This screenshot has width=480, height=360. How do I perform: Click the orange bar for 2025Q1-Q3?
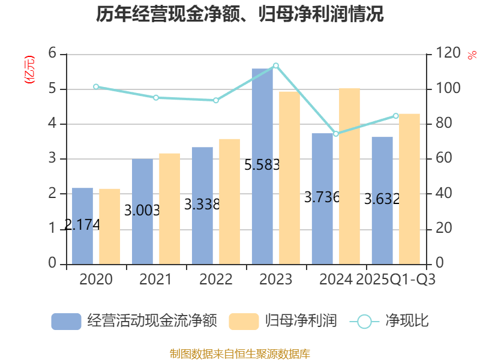[409, 188]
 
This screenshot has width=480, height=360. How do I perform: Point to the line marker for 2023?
[276, 65]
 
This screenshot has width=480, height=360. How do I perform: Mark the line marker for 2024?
[336, 134]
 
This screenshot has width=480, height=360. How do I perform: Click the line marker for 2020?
[96, 86]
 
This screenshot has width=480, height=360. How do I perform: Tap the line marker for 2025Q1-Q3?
[396, 116]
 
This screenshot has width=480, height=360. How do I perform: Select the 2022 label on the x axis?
[216, 280]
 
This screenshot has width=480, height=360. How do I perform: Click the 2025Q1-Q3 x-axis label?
[396, 280]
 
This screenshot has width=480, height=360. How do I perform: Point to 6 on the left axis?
[53, 54]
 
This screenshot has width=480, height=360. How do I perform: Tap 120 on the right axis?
[448, 54]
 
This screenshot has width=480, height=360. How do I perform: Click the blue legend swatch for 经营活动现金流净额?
[66, 321]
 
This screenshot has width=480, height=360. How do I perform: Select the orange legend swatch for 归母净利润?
[244, 321]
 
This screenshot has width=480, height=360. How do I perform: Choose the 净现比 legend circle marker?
[364, 321]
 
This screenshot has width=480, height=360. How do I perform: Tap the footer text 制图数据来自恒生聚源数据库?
[240, 353]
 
